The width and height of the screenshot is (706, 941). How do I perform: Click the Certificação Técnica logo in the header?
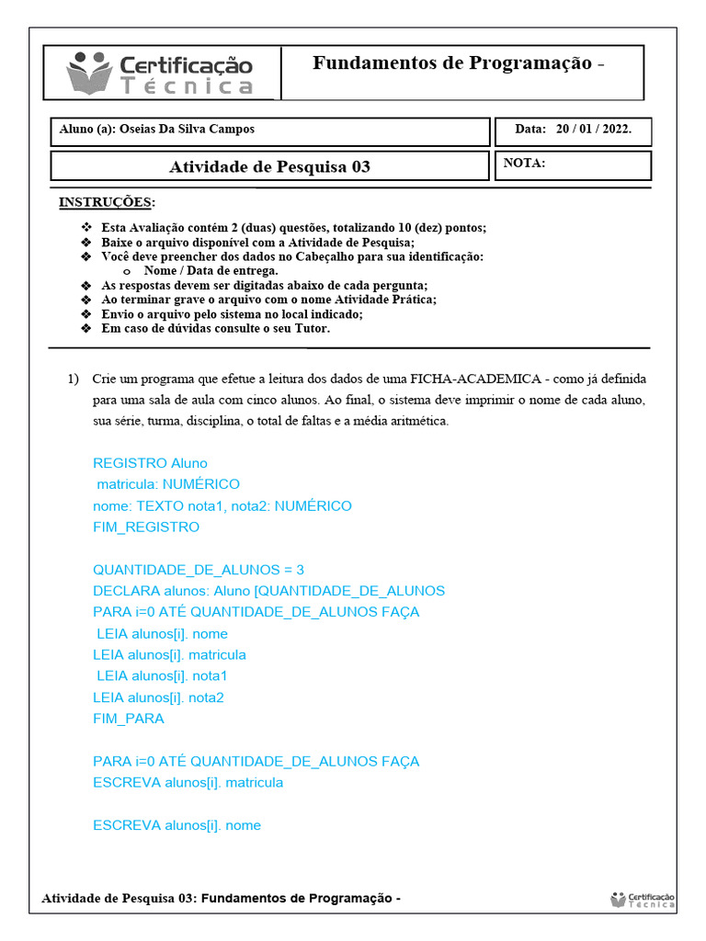click(161, 74)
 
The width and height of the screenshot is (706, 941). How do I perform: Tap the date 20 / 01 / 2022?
click(593, 130)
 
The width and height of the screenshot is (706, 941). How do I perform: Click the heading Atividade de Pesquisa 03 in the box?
click(269, 166)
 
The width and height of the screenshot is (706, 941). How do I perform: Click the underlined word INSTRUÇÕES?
click(107, 202)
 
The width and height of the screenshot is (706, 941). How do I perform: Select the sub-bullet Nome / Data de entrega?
click(211, 271)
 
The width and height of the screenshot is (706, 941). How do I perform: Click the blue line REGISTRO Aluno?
click(150, 463)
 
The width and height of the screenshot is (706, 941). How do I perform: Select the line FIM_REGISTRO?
click(145, 527)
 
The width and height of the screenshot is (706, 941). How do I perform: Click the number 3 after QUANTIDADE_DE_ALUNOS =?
click(300, 570)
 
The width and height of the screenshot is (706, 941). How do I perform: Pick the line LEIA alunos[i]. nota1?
click(162, 676)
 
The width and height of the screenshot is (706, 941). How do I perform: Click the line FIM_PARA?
click(129, 719)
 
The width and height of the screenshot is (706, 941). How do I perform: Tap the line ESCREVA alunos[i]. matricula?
click(188, 783)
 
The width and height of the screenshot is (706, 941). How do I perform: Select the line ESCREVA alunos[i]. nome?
click(176, 825)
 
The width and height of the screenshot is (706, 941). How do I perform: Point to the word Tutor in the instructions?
click(309, 328)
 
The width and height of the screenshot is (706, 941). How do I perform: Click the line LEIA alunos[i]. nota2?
click(158, 697)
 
